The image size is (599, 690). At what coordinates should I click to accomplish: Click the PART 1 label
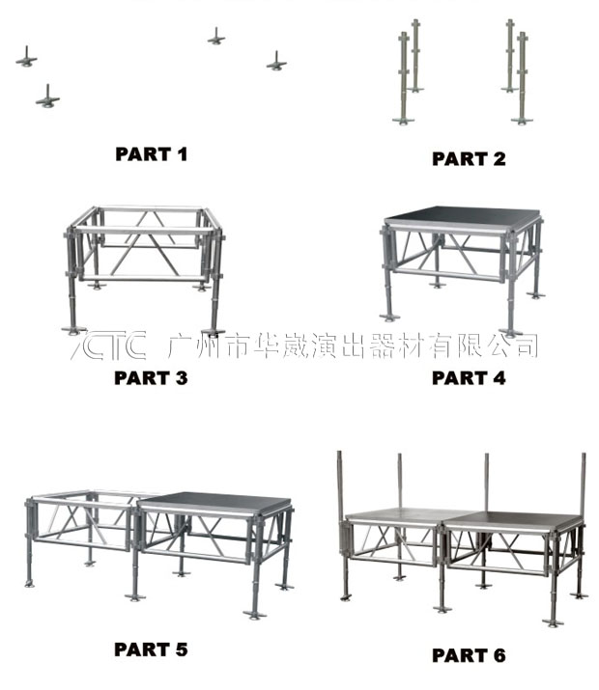click(152, 153)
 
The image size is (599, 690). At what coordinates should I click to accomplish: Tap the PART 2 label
click(469, 159)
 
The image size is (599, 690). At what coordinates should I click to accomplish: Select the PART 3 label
click(151, 377)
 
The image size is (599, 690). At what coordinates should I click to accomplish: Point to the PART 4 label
click(469, 378)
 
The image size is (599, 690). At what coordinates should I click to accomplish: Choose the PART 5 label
click(151, 649)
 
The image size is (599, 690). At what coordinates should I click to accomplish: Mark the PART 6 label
click(469, 655)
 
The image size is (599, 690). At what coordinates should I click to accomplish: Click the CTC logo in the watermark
click(108, 345)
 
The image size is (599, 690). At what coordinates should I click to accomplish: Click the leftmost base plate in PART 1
click(27, 60)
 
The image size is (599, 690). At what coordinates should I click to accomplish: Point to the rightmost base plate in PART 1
click(278, 63)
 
